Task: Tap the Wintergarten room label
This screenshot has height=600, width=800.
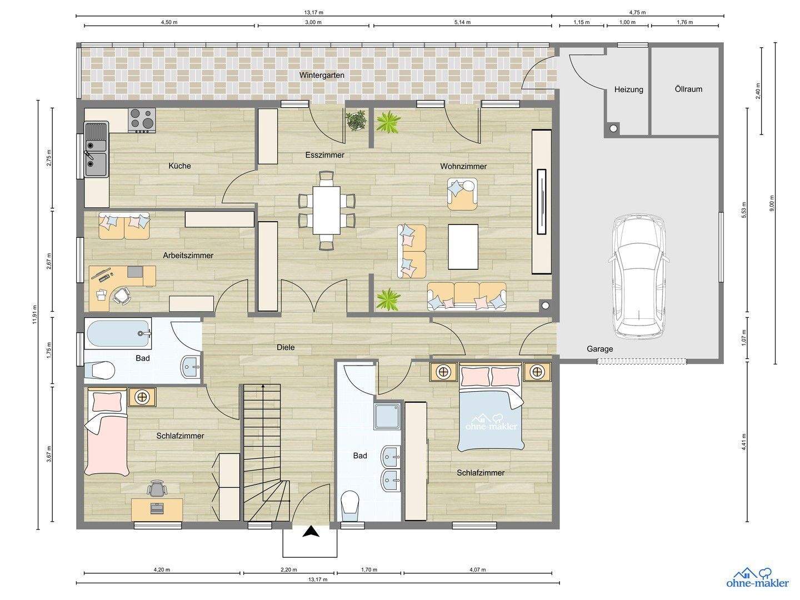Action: (322, 76)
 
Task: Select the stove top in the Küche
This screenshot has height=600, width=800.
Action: (142, 120)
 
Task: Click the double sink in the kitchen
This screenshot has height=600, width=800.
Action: (96, 149)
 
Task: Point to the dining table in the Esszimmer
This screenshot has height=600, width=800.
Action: (326, 211)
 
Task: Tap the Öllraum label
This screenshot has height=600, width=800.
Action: (688, 89)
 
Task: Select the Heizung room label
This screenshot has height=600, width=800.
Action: (629, 89)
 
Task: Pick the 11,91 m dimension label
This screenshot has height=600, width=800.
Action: (34, 314)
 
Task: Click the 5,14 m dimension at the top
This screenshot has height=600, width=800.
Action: (462, 22)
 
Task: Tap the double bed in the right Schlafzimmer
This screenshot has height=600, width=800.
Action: (491, 407)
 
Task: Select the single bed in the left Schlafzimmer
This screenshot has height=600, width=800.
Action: (107, 432)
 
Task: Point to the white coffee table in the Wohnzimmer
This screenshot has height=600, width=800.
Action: (463, 247)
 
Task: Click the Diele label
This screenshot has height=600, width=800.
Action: (286, 347)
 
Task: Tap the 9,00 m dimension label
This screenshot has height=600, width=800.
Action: (772, 203)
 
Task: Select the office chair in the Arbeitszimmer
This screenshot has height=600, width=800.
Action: (121, 295)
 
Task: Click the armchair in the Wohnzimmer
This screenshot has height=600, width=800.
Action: (462, 194)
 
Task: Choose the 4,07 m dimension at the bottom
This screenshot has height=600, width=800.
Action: (477, 569)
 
